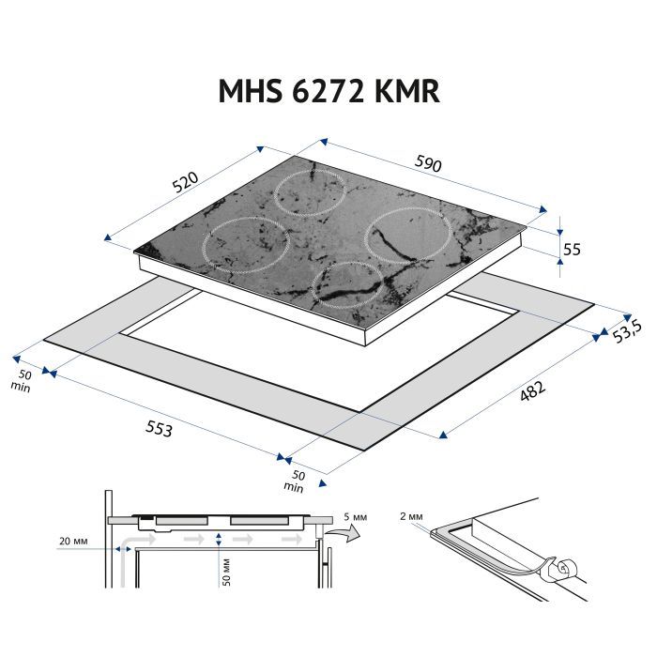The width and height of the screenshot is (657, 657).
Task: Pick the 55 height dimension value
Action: [572, 248]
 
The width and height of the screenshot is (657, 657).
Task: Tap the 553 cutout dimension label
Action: [159, 428]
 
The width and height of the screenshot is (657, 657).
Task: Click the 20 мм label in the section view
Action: [72, 542]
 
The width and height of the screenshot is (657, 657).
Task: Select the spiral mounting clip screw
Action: [562, 566]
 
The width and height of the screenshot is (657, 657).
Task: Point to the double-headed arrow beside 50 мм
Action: [218, 540]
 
